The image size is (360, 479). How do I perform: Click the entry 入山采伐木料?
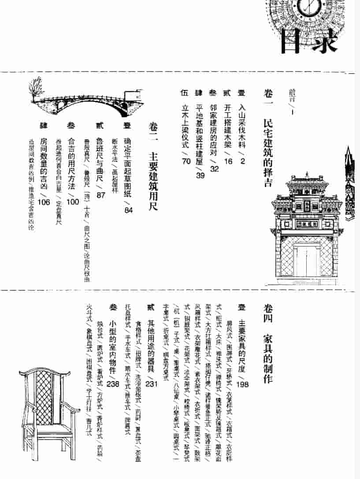coord(241,125)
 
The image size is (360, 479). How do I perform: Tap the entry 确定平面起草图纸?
coord(128,165)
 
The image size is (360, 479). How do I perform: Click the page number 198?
coord(242,384)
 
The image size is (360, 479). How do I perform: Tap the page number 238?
coord(113,384)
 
